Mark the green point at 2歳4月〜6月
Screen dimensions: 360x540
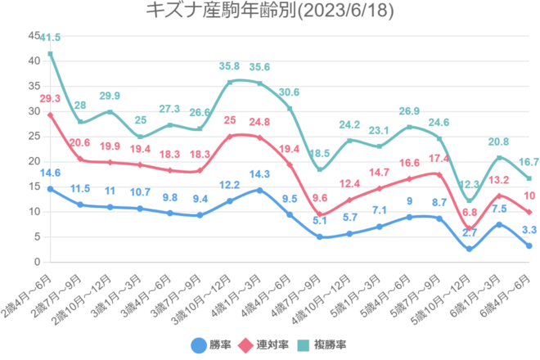50,54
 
